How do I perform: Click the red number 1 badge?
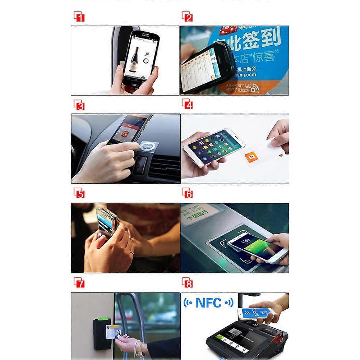coord(79,17)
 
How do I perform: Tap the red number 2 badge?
coord(187,17)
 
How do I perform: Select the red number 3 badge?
coord(79,105)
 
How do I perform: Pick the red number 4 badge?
coord(187,105)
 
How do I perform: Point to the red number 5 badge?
coord(79,194)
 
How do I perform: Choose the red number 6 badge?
coord(187,194)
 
